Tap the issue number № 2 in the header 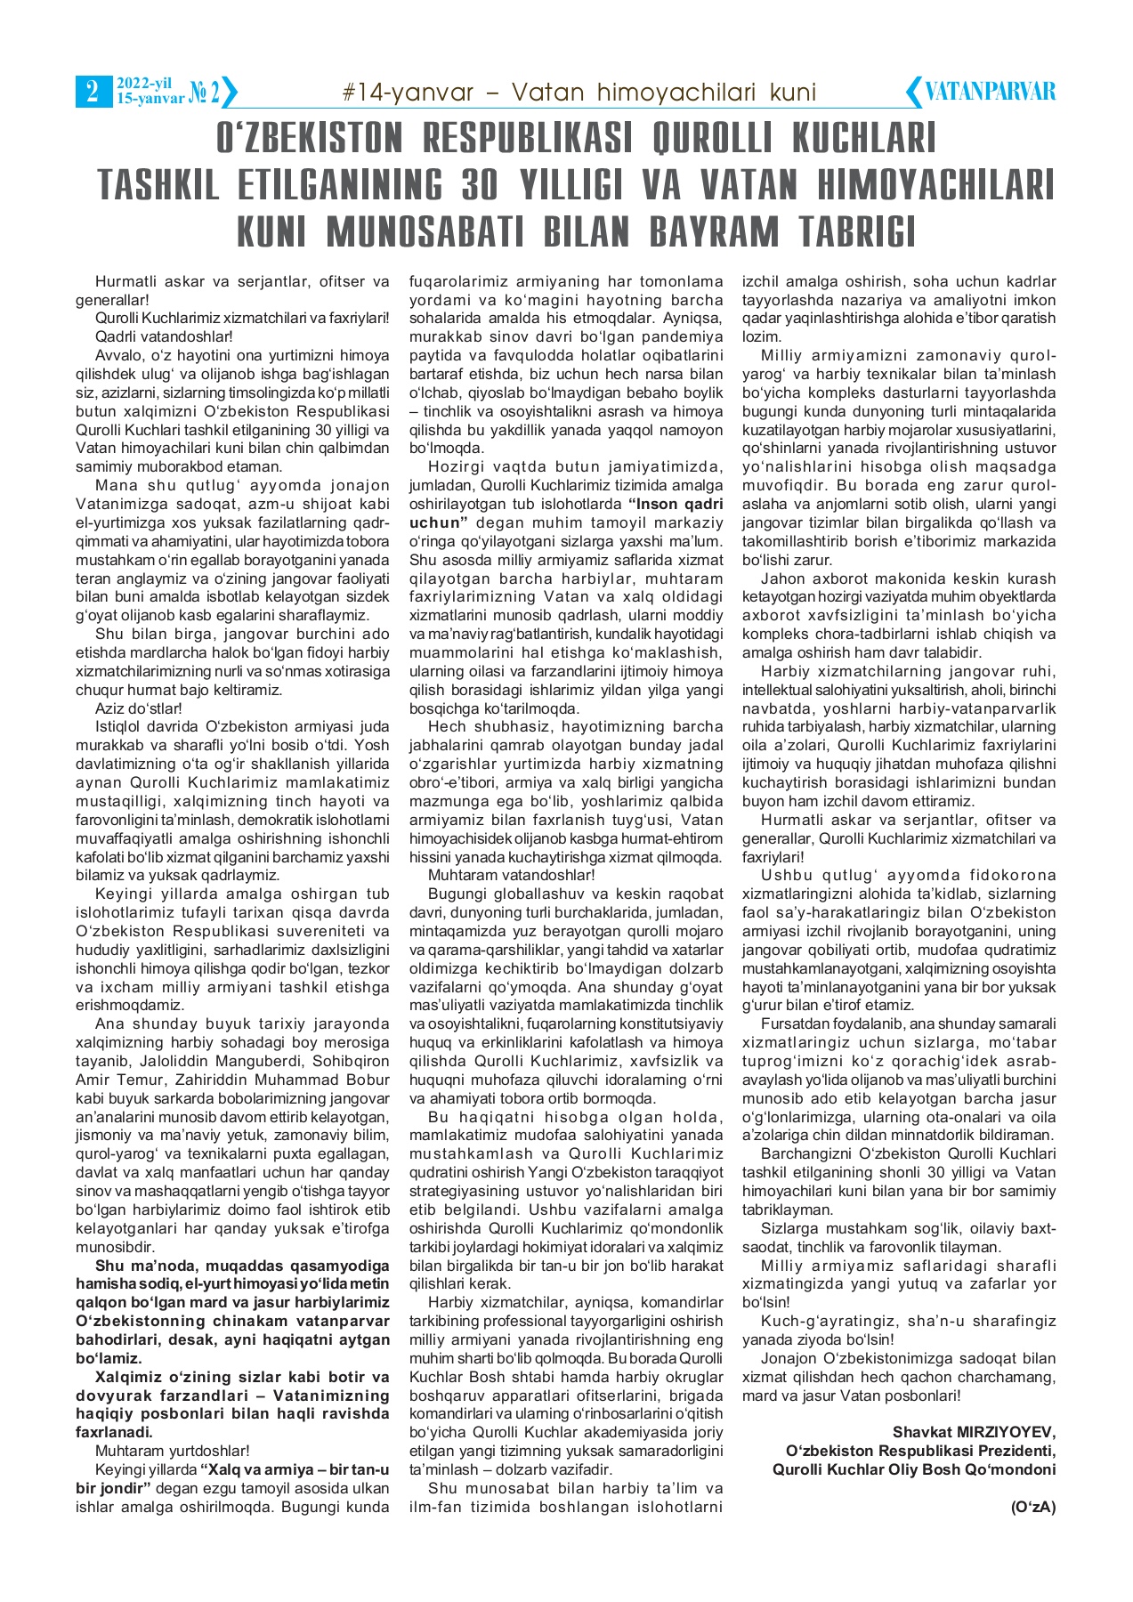pos(204,92)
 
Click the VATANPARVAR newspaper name pos(990,92)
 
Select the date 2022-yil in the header pos(143,84)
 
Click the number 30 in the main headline pos(488,184)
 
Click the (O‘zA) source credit pos(1032,1507)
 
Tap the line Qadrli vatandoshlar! pos(164,336)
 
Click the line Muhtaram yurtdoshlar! pos(172,1451)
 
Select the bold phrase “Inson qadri pos(676,504)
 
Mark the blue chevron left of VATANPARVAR pos(913,92)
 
